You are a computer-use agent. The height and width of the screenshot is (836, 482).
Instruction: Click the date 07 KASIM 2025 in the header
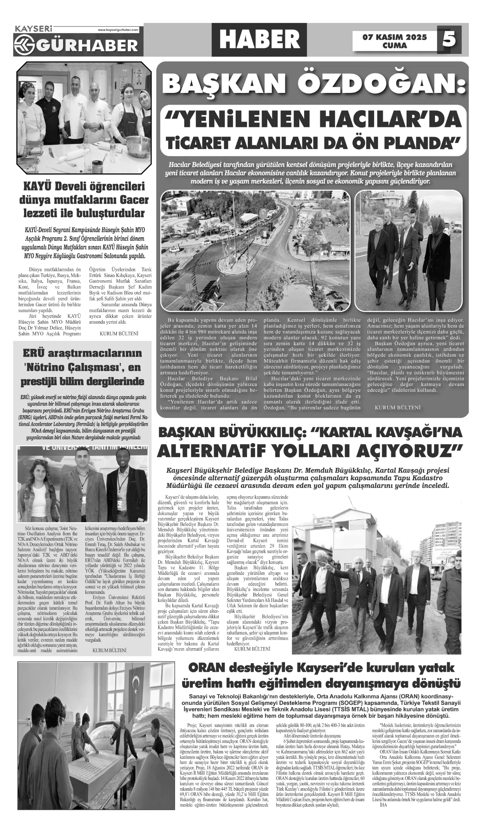pos(394,37)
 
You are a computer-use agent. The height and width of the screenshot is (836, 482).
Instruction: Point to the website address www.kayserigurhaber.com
pos(118,30)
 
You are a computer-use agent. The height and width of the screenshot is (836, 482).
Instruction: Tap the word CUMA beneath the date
pos(394,45)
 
